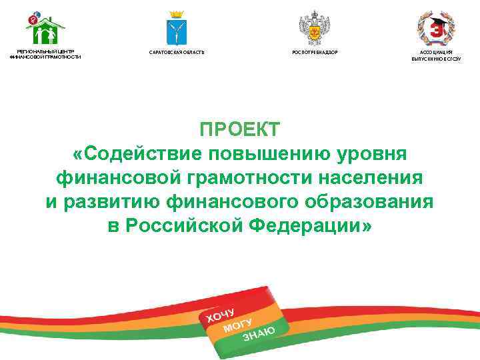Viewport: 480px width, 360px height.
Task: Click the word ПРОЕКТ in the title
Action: coord(240,129)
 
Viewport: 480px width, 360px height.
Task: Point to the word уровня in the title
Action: coord(370,153)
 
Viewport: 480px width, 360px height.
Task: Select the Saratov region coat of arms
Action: coord(177,27)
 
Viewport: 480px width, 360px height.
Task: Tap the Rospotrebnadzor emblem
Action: coord(311,27)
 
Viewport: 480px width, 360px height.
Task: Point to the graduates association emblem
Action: coord(435,27)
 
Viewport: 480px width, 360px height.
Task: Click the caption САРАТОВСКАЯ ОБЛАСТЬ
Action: coord(177,52)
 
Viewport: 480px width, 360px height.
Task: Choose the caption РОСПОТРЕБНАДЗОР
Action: coord(311,52)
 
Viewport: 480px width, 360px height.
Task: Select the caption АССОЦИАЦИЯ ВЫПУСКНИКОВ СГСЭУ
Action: coord(436,55)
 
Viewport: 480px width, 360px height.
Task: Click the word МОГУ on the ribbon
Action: coord(237,325)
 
